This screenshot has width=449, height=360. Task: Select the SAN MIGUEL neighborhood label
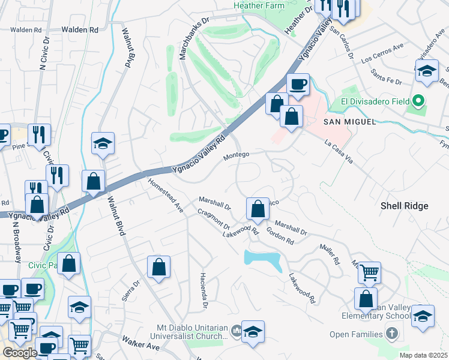[350, 122]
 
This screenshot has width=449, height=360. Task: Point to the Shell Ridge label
[405, 206]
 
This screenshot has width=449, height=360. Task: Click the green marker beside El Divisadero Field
[420, 101]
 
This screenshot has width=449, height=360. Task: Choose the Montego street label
[236, 155]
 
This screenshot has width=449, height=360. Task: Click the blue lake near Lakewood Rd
[262, 259]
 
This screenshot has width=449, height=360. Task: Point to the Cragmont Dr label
[214, 218]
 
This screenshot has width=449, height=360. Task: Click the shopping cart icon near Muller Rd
[369, 272]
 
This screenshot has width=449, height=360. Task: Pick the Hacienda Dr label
[203, 296]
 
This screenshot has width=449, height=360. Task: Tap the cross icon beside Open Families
[391, 333]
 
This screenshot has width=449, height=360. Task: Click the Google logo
[19, 352]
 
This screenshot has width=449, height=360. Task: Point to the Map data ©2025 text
[423, 355]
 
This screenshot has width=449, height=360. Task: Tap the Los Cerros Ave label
[382, 55]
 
